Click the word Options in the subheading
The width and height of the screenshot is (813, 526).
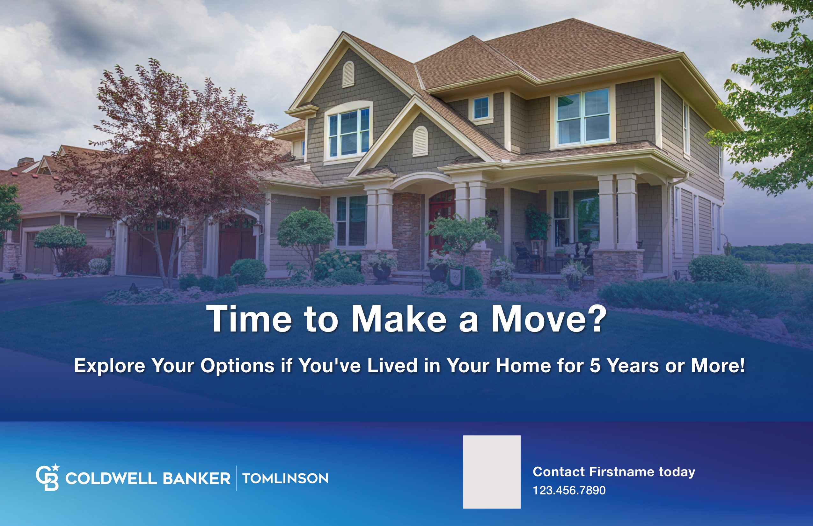point(238,366)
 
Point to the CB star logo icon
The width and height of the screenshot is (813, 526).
point(48,477)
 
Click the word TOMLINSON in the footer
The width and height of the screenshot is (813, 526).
point(285,478)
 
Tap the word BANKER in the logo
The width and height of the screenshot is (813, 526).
point(196,478)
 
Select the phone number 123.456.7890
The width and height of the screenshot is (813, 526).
point(569,490)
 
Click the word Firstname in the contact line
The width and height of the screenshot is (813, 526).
point(622,472)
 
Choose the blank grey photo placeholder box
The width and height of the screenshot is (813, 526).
point(492,472)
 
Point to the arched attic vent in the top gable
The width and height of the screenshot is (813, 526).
point(348,74)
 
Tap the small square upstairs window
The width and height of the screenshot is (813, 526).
point(481,108)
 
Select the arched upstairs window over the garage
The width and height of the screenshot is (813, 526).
point(348,131)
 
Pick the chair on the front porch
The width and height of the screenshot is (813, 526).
point(526,257)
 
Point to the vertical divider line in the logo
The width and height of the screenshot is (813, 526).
point(236,478)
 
